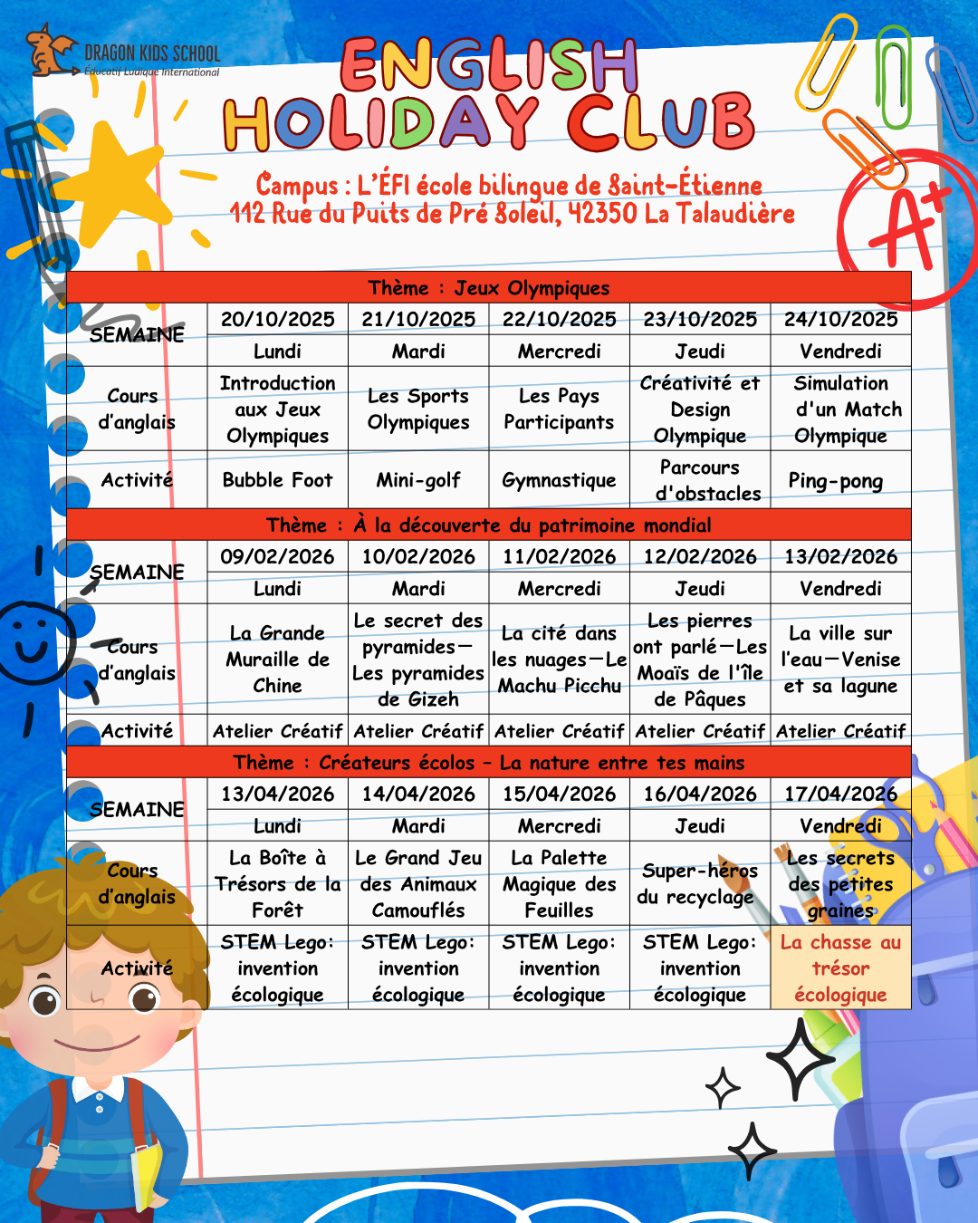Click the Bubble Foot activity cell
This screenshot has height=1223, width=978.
277,480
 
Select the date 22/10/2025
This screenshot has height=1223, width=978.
559,320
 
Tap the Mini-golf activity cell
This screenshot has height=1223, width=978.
418,480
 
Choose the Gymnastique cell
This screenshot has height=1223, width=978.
559,481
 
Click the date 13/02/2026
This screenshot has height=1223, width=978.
840,557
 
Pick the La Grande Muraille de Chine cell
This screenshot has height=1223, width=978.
277,660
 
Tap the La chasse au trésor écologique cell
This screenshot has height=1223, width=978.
840,968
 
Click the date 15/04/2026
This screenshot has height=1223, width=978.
559,794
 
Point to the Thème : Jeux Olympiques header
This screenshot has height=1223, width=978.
489,288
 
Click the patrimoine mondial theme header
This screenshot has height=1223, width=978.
489,525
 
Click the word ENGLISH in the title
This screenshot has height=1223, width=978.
489,65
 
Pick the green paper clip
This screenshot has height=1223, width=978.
895,77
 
